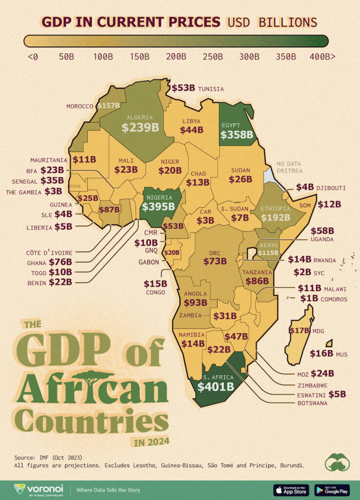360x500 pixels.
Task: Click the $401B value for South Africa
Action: point(215,387)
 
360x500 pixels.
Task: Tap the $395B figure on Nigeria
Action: point(158,207)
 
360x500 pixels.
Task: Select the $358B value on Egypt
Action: point(236,135)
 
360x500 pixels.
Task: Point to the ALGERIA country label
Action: point(140,117)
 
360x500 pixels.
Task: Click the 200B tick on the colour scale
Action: point(176,57)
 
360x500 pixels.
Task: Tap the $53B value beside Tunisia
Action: point(183,88)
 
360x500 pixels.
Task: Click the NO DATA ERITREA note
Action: point(289,167)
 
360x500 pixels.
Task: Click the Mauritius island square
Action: point(329,343)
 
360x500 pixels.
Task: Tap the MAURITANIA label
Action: point(49,160)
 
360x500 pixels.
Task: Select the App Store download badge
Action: point(291,490)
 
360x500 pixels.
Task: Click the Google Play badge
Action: point(332,490)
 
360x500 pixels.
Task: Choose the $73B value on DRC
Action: point(215,261)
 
